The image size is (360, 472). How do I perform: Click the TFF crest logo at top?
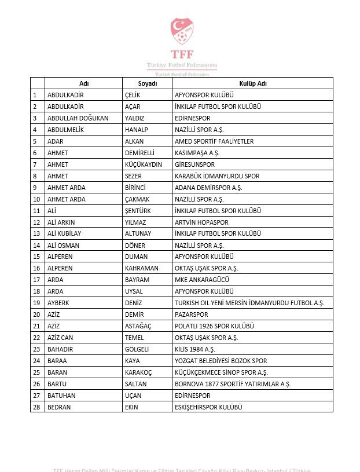[x=182, y=31]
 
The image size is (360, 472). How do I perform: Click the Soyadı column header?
[x=148, y=83]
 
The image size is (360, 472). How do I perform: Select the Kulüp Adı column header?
[x=252, y=83]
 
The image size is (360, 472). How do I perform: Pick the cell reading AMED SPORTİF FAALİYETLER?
[x=214, y=141]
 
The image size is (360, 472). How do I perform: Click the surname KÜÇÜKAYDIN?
[x=144, y=164]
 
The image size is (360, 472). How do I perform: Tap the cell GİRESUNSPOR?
[x=194, y=164]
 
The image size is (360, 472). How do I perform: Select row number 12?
[x=36, y=222]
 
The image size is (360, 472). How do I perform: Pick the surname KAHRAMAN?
[x=141, y=268]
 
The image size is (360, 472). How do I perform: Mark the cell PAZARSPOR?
[x=192, y=314]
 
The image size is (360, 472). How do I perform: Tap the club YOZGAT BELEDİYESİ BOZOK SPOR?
[x=221, y=361]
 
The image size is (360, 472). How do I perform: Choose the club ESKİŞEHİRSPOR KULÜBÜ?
[x=208, y=407]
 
